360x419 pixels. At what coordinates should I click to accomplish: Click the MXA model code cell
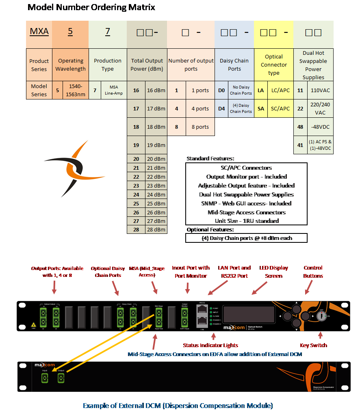coord(39,32)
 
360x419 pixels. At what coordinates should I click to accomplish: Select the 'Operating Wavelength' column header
coord(70,65)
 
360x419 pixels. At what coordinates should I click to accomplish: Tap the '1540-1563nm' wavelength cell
coord(76,90)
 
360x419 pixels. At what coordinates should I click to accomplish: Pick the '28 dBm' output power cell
coord(156,229)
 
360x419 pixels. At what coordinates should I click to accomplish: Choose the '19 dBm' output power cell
coord(156,145)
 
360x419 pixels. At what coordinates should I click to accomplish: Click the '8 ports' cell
coord(200,127)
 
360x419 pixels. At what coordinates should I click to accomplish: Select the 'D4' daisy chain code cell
coord(221,108)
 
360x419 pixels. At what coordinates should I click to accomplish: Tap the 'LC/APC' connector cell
coord(280,90)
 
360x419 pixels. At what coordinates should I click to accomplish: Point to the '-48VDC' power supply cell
coord(320,127)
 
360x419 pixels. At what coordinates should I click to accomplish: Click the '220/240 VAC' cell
coord(320,108)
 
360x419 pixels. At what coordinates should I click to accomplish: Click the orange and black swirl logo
coord(74,168)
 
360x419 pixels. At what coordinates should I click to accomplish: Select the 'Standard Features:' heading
coord(210,159)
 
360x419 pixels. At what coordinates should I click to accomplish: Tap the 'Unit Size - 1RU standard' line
coord(247,221)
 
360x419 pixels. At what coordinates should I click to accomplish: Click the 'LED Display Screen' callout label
coord(274,272)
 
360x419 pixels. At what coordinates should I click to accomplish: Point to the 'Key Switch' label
coord(313,346)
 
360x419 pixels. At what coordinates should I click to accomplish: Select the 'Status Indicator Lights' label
coord(210,346)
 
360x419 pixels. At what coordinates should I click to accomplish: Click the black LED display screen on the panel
coord(249,315)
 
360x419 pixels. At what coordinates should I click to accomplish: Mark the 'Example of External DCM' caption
coord(178,406)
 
